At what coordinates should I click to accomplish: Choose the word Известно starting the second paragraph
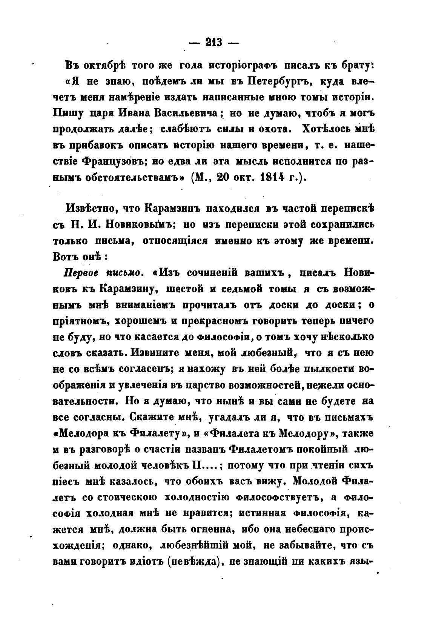point(90,208)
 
